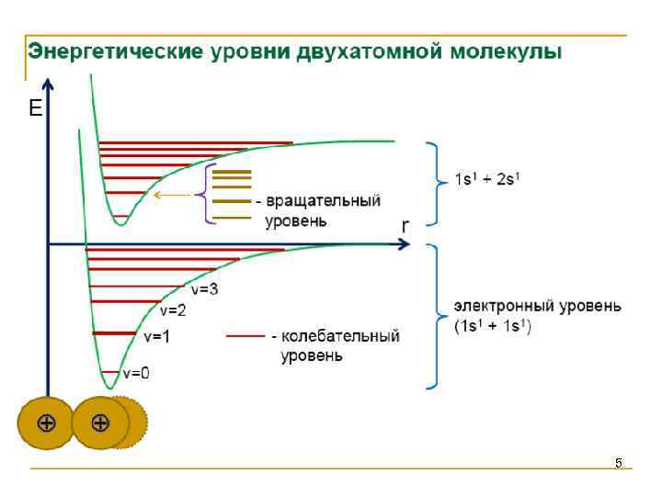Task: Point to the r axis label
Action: (405, 226)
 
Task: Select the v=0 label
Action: (136, 373)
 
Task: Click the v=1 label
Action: (157, 337)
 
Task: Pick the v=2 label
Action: (174, 310)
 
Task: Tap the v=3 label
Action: (204, 289)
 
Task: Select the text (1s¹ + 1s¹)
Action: (494, 326)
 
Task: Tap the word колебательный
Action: (340, 337)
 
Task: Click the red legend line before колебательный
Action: (246, 337)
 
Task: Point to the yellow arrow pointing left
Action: (170, 195)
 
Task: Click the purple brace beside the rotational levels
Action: (201, 195)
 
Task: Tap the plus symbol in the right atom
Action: (100, 423)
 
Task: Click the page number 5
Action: (619, 463)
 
